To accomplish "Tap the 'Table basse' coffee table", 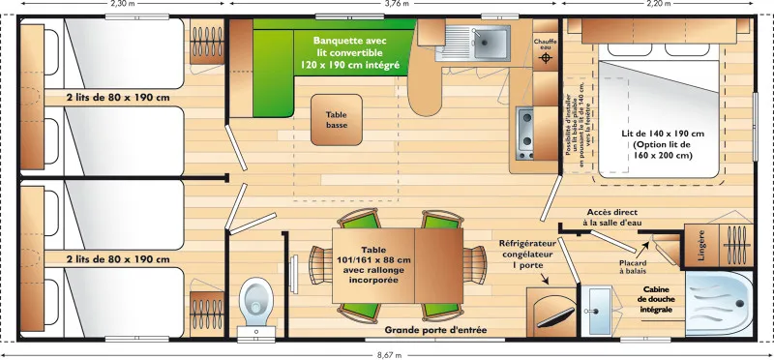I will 336,118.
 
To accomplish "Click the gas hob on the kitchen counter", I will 527,135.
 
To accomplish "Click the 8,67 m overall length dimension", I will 387,354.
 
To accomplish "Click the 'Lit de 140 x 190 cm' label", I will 663,144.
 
